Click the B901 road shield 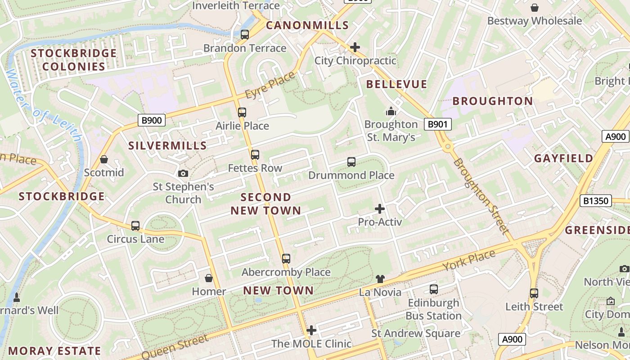click(437, 124)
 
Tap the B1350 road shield click(596, 201)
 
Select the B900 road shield click(151, 120)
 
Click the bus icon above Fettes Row click(255, 155)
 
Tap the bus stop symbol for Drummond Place click(351, 162)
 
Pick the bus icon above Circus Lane click(135, 226)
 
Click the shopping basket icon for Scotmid click(104, 159)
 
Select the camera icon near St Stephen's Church click(183, 173)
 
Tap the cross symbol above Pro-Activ click(380, 209)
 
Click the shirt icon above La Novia click(380, 279)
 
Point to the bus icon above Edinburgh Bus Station click(434, 289)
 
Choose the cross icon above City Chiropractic click(355, 47)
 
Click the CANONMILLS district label click(307, 25)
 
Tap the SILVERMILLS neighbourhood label click(167, 145)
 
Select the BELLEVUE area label click(396, 84)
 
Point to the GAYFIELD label click(563, 158)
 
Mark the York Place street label click(469, 261)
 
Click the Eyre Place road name click(270, 85)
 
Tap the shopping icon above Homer click(208, 278)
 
